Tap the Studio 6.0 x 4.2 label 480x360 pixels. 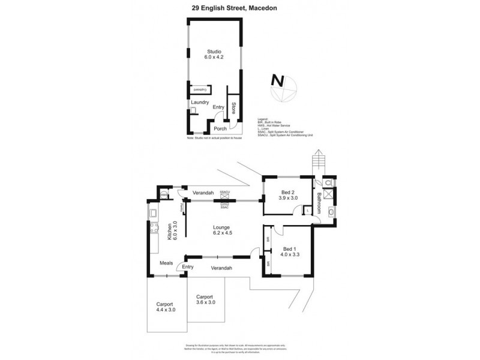point(214,54)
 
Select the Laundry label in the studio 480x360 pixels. point(200,103)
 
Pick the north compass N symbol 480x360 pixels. point(277,80)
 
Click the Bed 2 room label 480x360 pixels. point(288,194)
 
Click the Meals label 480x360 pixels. point(167,262)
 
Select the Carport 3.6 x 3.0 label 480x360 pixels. point(205,299)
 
